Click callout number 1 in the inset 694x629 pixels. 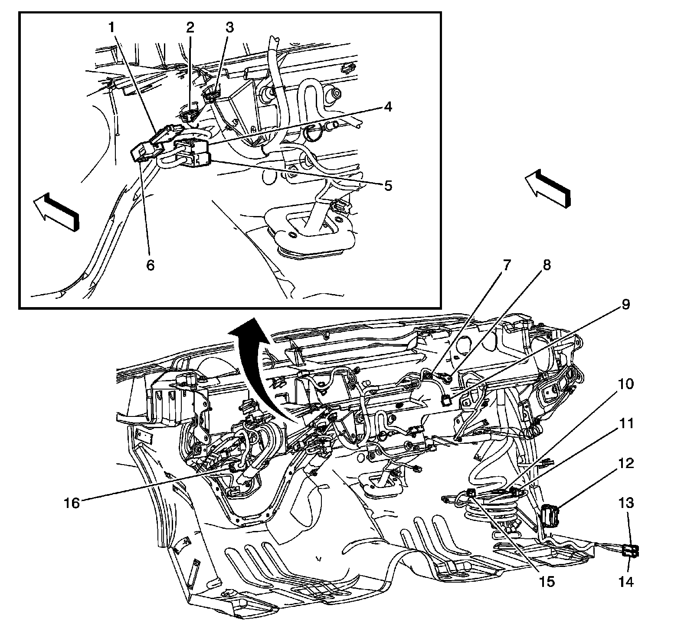click(112, 28)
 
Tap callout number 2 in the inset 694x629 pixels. click(190, 28)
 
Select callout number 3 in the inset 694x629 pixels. click(229, 28)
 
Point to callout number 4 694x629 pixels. click(387, 106)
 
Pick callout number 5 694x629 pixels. click(387, 186)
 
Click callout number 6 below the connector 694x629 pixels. click(150, 265)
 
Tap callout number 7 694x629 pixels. click(507, 264)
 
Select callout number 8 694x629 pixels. click(546, 264)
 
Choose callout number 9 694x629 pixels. click(625, 305)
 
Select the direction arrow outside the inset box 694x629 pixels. click(547, 187)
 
